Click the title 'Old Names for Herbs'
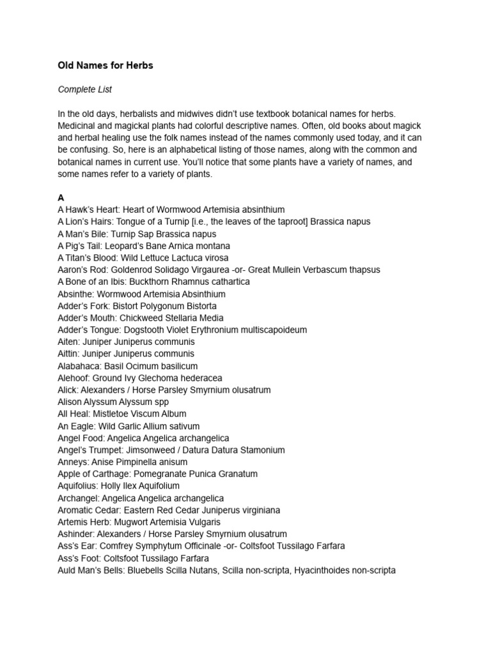(105, 66)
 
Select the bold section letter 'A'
(61, 198)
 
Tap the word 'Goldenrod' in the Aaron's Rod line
(124, 270)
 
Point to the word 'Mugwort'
(134, 522)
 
